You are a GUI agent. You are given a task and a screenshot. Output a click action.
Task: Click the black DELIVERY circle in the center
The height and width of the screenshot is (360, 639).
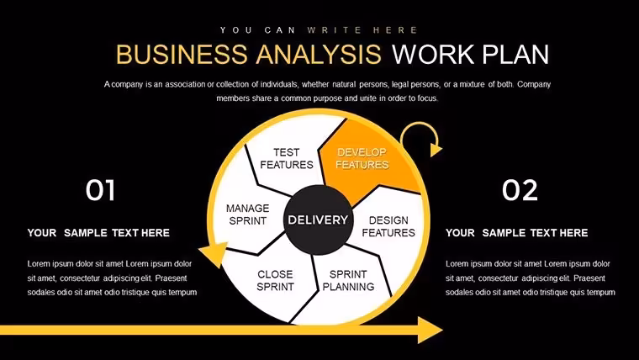coord(319,220)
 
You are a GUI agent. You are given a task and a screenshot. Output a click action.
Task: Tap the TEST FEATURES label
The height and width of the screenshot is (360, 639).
coord(287,158)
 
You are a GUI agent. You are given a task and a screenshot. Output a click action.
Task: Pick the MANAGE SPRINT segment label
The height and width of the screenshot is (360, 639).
coord(248,214)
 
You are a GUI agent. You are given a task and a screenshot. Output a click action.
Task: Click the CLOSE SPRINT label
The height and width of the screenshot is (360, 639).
coord(275,280)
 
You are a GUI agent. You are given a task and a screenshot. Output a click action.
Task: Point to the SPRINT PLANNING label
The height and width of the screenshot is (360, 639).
coord(348,280)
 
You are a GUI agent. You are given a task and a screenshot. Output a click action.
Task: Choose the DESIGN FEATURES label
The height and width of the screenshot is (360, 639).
coord(388,226)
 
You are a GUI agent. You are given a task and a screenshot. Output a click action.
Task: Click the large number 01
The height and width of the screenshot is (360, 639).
coord(100,190)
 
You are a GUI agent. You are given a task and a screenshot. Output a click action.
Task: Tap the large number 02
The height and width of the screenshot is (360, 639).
coord(520,190)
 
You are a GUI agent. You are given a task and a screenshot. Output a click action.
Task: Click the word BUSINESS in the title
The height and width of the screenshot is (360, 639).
coord(182,54)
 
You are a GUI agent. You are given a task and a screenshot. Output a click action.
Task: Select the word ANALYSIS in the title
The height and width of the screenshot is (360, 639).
coord(319,54)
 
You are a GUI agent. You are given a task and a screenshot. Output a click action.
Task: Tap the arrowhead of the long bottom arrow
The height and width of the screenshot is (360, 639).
coord(430,330)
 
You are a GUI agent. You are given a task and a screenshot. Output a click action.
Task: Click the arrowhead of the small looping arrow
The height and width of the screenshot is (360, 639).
coord(436,149)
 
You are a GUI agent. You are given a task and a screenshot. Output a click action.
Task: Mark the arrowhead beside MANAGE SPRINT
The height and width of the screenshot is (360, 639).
coord(214,254)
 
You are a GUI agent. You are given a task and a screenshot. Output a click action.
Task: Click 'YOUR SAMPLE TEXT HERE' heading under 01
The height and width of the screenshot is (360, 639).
coord(98,233)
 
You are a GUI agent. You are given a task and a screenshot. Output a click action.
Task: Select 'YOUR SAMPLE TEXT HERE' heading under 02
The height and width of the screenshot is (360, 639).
coord(517,233)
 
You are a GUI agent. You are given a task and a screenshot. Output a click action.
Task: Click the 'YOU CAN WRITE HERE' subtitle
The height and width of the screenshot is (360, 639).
coord(319,30)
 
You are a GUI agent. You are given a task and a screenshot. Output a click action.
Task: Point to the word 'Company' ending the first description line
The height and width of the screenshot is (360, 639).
coord(534,85)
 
